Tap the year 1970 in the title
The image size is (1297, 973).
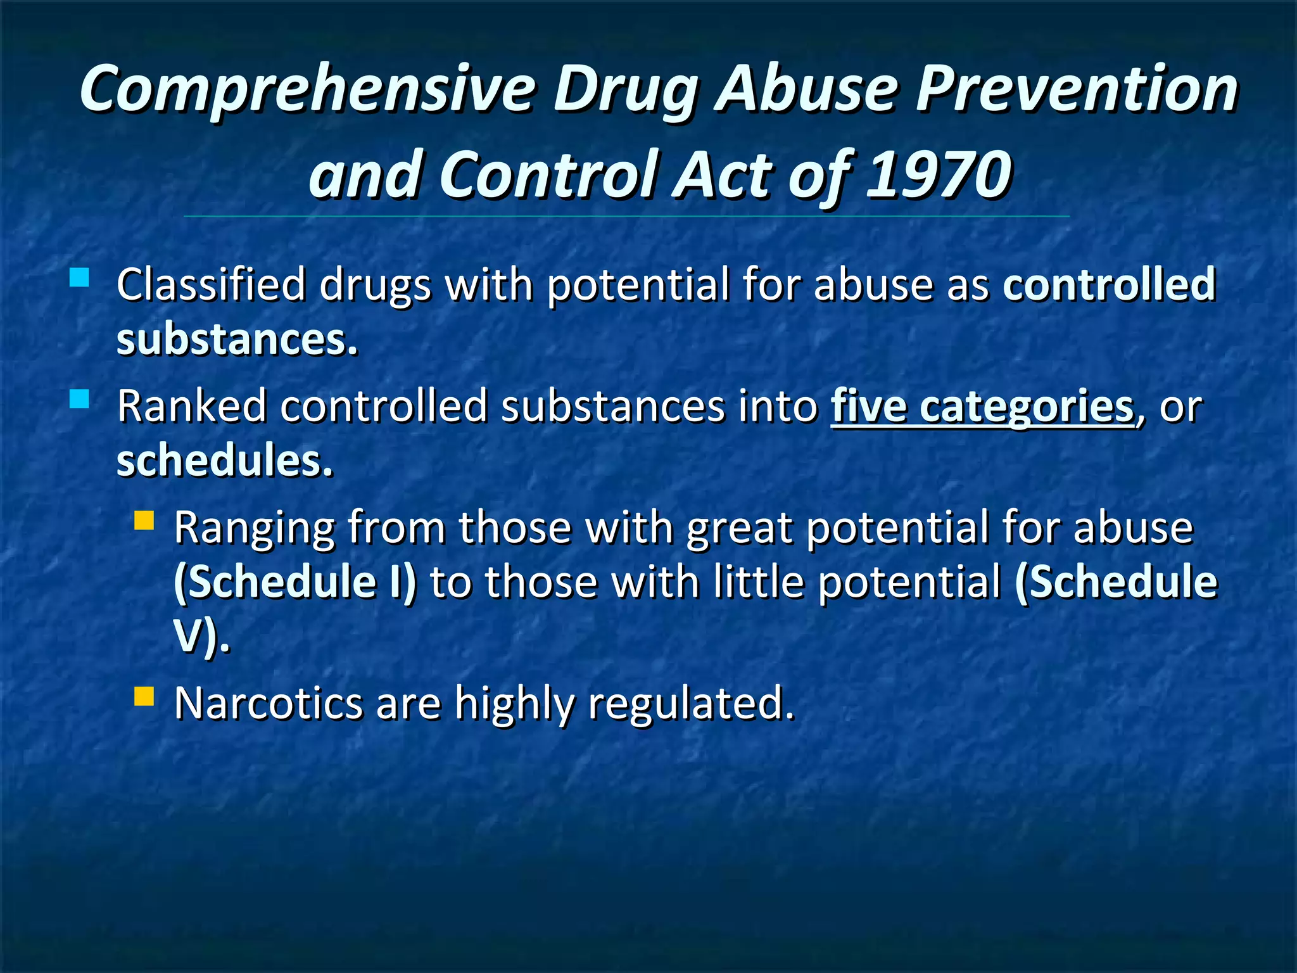(939, 174)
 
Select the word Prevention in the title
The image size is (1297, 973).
(1077, 89)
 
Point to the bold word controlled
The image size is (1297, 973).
(1109, 284)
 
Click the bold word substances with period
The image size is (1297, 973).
(237, 340)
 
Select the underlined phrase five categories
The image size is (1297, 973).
(982, 406)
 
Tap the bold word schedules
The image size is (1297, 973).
(224, 461)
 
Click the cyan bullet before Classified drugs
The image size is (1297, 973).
(79, 277)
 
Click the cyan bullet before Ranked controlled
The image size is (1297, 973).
(79, 399)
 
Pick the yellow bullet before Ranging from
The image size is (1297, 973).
(144, 521)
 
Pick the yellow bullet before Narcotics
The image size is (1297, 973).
(144, 697)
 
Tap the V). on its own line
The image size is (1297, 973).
(201, 637)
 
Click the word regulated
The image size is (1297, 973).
(690, 703)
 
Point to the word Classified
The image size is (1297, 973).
(212, 284)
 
